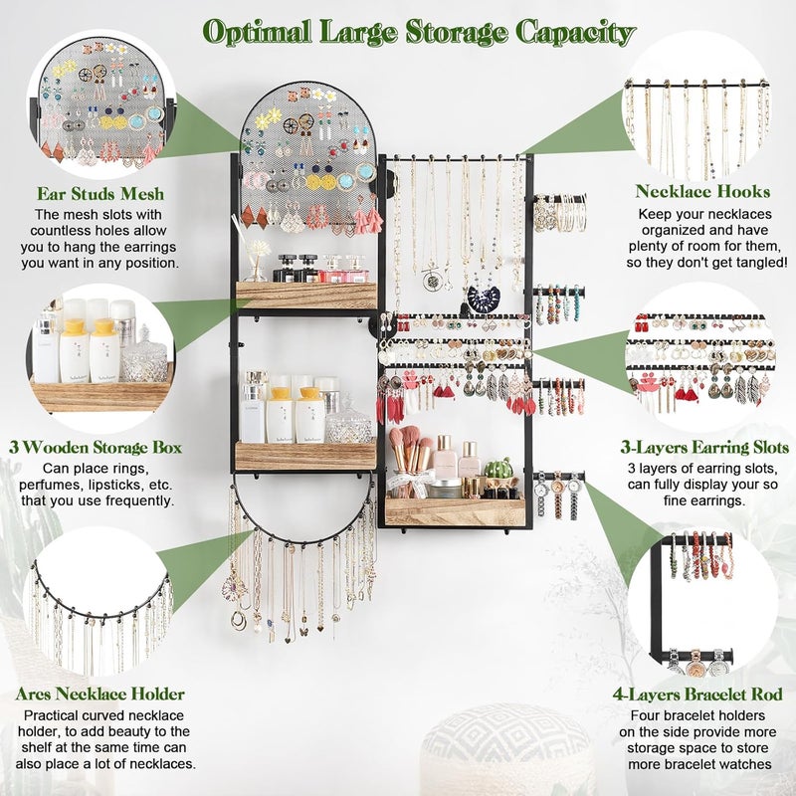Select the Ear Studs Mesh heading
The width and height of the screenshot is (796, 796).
99,194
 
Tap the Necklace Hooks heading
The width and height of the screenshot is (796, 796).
702,191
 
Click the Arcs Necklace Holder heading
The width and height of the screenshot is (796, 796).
99,694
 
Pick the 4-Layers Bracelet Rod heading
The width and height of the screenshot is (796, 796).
706,694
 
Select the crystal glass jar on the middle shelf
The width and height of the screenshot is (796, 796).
348,424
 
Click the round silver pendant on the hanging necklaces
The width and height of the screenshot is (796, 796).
432,279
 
